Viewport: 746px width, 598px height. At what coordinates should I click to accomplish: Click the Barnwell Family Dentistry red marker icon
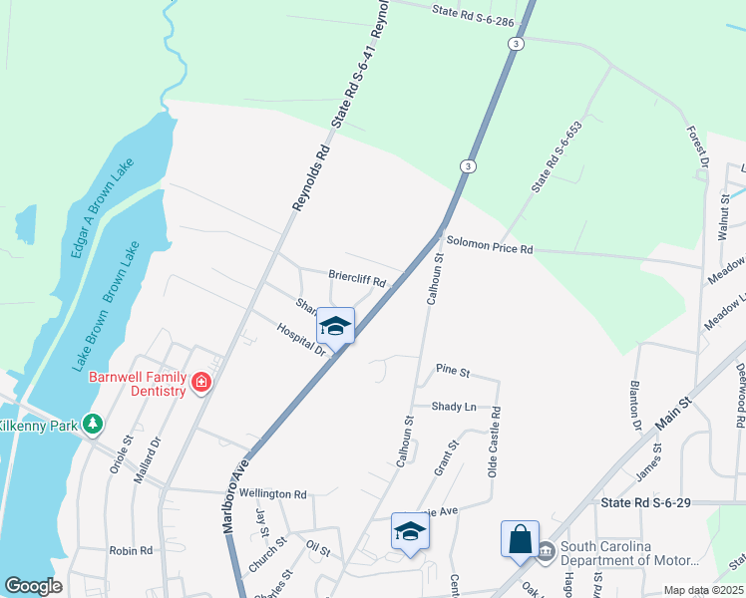tap(201, 382)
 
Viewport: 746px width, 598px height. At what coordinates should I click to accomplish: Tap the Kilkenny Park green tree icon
tap(93, 425)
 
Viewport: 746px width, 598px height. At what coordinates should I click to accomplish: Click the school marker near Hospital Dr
tap(336, 326)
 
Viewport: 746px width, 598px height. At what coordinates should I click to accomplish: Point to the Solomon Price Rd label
tap(490, 243)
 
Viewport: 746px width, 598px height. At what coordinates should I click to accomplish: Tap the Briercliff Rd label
tap(357, 277)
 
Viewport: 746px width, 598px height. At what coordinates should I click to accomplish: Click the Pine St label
tap(452, 371)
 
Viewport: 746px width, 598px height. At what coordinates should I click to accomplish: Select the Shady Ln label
tap(454, 407)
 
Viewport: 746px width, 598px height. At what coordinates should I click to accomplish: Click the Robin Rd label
tap(131, 550)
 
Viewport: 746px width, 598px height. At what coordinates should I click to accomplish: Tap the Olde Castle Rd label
tap(493, 442)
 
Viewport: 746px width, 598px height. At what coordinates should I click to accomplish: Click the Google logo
tap(33, 586)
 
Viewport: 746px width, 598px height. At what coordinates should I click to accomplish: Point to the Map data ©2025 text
tap(704, 590)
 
